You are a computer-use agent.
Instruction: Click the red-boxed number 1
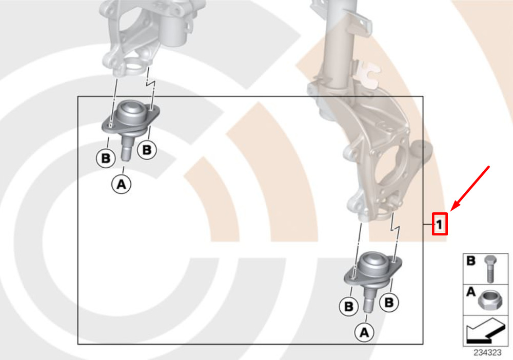click(440, 224)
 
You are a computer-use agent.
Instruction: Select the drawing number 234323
click(487, 353)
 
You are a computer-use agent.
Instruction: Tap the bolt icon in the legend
click(490, 269)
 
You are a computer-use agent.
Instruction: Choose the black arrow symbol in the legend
click(485, 331)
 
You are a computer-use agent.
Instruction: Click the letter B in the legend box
click(471, 261)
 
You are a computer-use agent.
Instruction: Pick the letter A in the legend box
click(470, 291)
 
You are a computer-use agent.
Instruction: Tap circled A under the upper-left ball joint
click(122, 184)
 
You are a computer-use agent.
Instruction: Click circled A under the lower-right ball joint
click(364, 332)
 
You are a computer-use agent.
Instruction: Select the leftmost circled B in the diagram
click(106, 158)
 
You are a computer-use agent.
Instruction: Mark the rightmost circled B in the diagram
click(389, 302)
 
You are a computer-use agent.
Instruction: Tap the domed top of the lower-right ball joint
click(373, 263)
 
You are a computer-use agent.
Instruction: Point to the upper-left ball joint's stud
click(126, 148)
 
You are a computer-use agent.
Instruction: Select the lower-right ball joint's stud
click(369, 300)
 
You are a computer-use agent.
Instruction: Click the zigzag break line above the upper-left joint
click(151, 88)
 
